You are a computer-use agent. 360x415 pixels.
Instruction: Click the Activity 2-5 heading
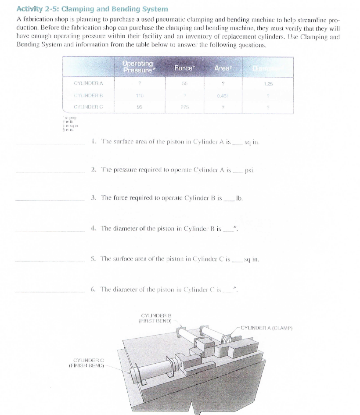pos(92,9)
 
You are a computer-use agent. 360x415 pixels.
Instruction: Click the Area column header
pos(223,68)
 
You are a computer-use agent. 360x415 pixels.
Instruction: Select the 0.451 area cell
pos(223,94)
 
